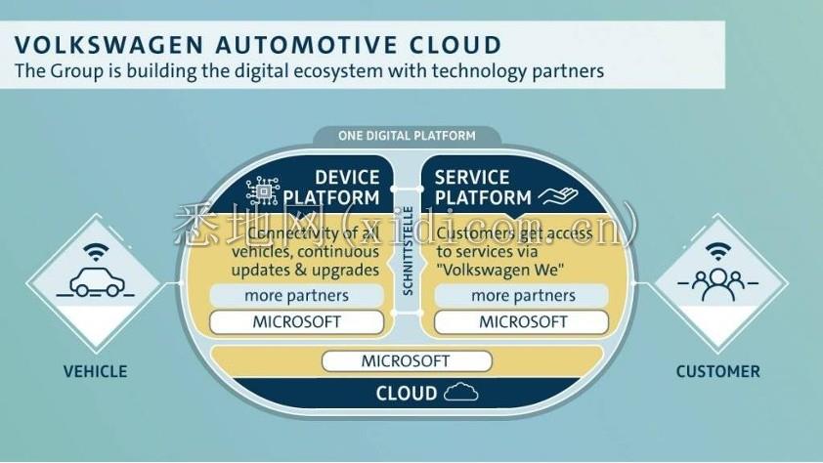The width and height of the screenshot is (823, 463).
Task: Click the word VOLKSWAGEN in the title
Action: [x=97, y=45]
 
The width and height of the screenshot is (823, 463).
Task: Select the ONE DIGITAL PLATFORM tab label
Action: [x=407, y=136]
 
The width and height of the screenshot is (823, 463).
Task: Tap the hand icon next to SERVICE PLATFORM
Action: [x=558, y=196]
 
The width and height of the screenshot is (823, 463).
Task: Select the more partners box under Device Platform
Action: [x=296, y=296]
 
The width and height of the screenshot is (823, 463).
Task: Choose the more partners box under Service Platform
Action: [x=523, y=296]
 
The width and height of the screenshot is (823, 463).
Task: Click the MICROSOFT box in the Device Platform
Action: [x=296, y=321]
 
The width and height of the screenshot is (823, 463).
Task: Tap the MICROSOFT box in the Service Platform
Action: [x=523, y=321]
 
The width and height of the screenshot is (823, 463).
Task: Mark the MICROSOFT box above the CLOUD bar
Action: [x=406, y=360]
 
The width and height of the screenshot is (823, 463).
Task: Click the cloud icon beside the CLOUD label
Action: [x=460, y=394]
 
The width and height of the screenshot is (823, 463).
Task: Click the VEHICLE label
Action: [x=95, y=371]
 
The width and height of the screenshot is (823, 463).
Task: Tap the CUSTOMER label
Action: [x=717, y=371]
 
